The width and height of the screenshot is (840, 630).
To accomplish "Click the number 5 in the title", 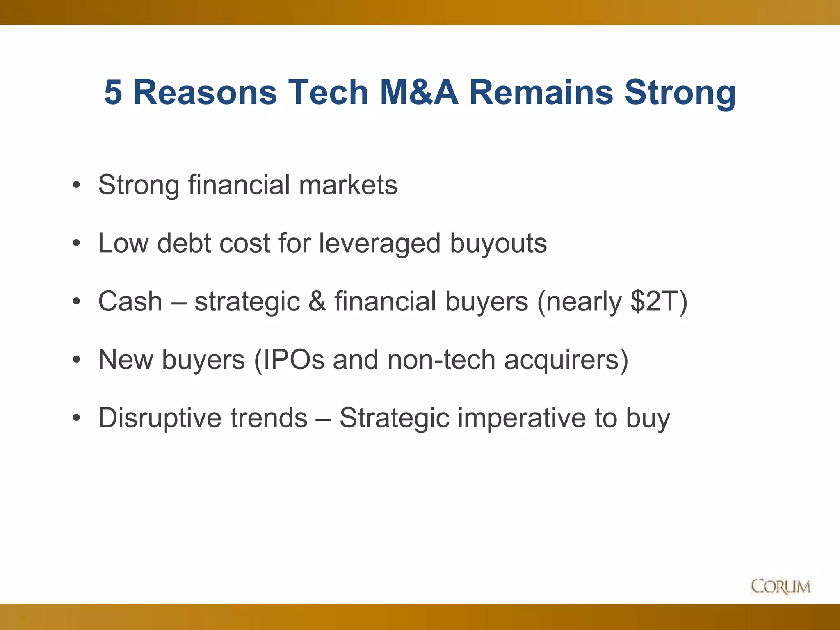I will [114, 92].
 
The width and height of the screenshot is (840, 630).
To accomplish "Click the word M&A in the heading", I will [418, 92].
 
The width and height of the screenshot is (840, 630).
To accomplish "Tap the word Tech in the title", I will [328, 92].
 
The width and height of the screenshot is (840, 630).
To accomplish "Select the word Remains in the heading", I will [541, 92].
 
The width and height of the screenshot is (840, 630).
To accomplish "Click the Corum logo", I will [781, 586].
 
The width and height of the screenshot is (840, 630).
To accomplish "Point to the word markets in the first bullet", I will [348, 185].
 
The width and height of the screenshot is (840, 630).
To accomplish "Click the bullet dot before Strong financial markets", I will [76, 186].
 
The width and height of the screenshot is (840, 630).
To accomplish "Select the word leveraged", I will [380, 244].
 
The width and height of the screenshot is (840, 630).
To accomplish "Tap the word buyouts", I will [498, 244].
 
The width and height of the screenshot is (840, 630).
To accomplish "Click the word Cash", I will [130, 301].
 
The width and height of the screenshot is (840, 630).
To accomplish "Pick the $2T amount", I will [654, 301].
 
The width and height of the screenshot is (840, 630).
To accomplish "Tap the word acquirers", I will [562, 360].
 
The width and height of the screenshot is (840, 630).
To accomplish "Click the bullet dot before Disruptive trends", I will [76, 419].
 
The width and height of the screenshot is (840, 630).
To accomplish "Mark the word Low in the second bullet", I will [123, 244].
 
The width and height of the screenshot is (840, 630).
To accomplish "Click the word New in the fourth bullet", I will [126, 360].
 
